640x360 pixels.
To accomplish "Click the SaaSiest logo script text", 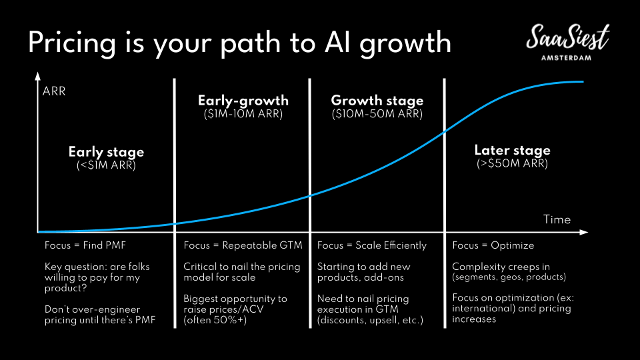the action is click(x=568, y=37).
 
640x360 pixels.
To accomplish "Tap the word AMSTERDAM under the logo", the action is click(x=566, y=58).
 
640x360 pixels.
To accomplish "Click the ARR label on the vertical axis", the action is click(x=54, y=91).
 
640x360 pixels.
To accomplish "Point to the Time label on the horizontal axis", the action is click(x=557, y=219).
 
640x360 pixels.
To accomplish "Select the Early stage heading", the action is click(x=106, y=152).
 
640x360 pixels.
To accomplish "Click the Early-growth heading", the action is click(x=243, y=101).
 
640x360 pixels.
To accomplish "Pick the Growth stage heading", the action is click(x=377, y=101).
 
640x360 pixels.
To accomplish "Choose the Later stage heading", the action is click(x=512, y=150).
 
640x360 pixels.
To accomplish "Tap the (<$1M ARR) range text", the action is click(x=106, y=165).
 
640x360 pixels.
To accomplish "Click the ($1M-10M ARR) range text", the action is click(x=243, y=114).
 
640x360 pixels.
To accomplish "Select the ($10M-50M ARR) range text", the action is click(x=377, y=114).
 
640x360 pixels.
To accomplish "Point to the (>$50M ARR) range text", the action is click(x=512, y=164).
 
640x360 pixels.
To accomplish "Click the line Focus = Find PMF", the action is click(x=85, y=245).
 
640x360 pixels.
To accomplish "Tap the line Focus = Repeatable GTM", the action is click(x=243, y=245).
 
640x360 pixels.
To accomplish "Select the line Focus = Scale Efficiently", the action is click(x=372, y=245).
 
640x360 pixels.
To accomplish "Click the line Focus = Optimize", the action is click(x=493, y=245).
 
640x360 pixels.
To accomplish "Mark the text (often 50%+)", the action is click(x=215, y=320).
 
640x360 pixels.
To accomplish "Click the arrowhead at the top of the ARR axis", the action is click(x=37, y=76).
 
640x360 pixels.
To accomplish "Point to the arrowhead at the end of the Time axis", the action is click(x=584, y=232).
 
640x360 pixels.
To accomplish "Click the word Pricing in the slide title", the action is click(x=72, y=43).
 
